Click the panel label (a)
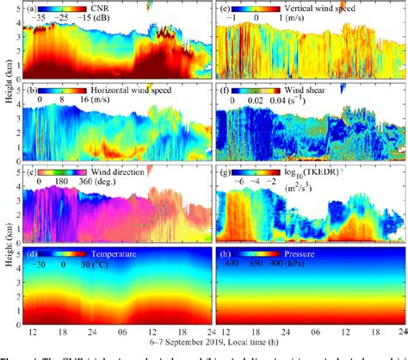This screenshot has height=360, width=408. coord(31,8)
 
